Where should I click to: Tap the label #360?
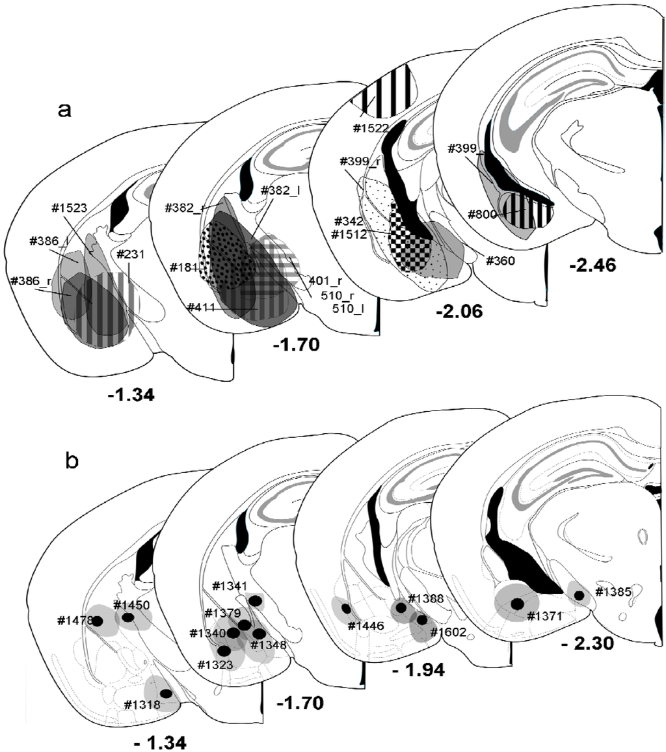499,262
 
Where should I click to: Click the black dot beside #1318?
166,694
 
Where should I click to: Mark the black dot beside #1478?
98,621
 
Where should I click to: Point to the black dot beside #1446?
346,609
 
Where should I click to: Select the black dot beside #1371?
517,604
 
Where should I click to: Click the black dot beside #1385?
578,595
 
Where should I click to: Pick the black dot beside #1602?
421,619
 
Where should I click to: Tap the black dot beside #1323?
224,651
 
